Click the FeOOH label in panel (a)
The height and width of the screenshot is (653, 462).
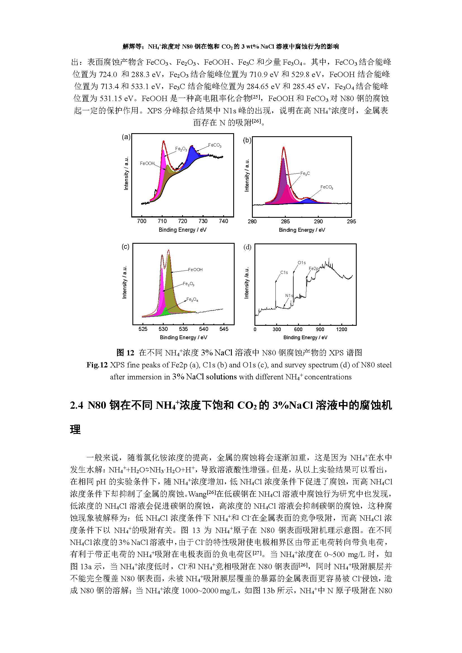[x=147, y=164]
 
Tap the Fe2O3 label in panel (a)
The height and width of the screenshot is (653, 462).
[x=181, y=149]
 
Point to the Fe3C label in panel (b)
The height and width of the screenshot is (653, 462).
[x=305, y=173]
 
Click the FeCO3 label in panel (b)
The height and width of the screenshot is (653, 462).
[x=327, y=187]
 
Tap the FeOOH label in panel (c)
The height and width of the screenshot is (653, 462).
[x=195, y=269]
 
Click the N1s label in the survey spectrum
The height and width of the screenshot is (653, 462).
[x=289, y=295]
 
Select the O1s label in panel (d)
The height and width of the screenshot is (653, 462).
[x=302, y=262]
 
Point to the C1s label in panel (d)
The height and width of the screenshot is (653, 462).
[x=284, y=272]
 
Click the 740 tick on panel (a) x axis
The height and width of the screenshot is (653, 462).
[x=224, y=221]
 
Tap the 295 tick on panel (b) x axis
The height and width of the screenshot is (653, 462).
[x=351, y=221]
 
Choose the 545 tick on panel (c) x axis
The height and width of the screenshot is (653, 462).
[x=224, y=329]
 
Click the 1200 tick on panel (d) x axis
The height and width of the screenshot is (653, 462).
[x=341, y=329]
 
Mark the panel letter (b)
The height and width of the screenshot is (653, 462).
[x=247, y=140]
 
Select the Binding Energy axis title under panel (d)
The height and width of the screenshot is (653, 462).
[x=305, y=337]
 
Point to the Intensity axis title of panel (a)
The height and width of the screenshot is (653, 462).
[x=126, y=173]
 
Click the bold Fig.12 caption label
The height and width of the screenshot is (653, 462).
[x=97, y=365]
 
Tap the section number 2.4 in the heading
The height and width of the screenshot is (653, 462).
[x=77, y=405]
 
